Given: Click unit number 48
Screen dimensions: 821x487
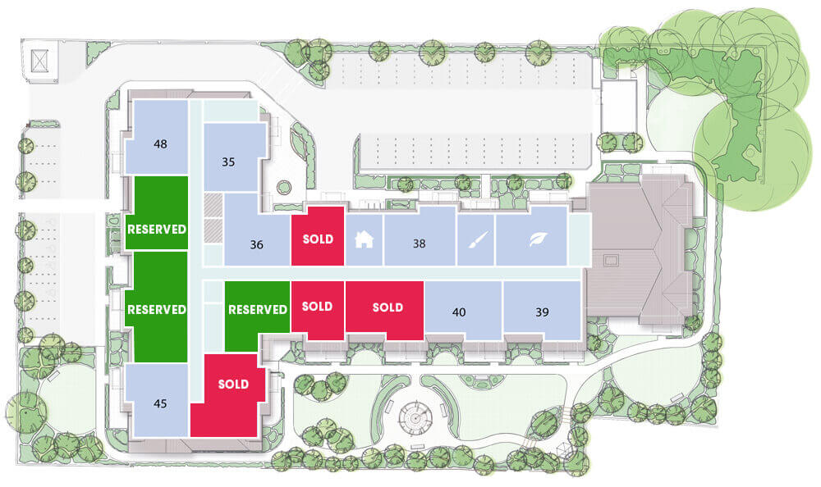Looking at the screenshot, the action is (x=160, y=143).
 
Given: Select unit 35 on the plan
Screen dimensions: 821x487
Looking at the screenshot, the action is (x=228, y=162).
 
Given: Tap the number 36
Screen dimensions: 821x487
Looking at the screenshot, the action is (x=256, y=244).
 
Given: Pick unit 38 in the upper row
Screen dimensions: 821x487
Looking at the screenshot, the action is (x=419, y=243).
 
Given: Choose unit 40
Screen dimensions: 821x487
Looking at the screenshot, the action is (x=459, y=312).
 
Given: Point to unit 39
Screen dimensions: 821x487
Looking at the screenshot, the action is (x=542, y=312).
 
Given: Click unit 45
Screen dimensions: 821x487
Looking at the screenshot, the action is (x=160, y=403).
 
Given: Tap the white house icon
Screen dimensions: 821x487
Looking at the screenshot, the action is (x=364, y=239).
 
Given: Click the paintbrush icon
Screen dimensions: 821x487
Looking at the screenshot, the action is (x=475, y=239).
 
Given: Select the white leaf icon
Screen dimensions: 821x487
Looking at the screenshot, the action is (x=537, y=239).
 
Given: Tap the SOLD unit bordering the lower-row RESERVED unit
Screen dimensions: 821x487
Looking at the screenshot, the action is (x=317, y=310).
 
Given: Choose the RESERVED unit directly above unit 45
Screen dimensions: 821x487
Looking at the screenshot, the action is (x=157, y=307).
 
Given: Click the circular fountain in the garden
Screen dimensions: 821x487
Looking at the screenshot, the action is (x=415, y=418).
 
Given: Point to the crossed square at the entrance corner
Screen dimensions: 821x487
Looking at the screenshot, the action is (x=39, y=61).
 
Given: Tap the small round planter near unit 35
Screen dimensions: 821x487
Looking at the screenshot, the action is (x=284, y=187).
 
